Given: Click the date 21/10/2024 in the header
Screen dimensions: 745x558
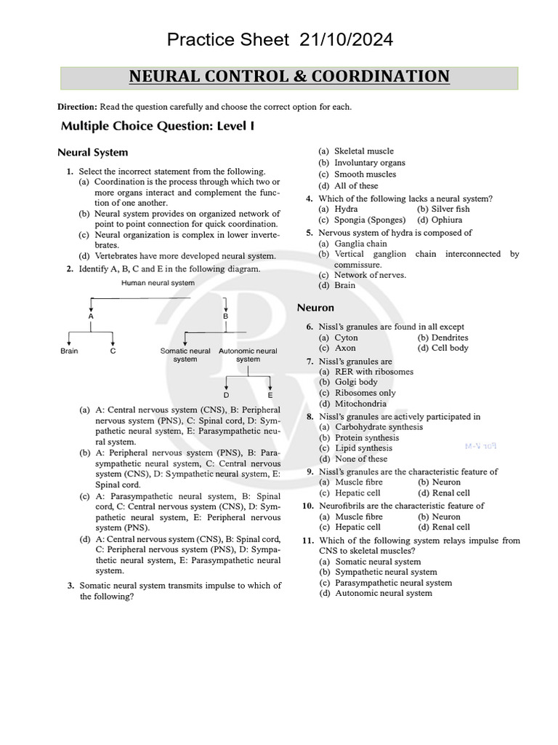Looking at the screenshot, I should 347,40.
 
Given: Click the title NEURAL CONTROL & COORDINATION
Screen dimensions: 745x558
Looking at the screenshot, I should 289,77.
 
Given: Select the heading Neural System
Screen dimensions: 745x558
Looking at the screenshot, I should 92,153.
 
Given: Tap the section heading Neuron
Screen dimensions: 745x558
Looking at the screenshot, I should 315,308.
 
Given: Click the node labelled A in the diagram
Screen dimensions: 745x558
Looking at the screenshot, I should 91,316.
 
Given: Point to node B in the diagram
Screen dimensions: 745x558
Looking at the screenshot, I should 225,316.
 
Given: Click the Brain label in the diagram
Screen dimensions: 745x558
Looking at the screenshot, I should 69,351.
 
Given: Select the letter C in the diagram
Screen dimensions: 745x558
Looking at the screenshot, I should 113,351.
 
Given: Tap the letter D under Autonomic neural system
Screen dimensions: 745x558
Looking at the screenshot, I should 226,395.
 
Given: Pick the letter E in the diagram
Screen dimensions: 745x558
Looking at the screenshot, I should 270,395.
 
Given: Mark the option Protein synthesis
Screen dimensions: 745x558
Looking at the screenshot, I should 366,438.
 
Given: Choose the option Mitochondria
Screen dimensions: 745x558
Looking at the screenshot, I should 360,403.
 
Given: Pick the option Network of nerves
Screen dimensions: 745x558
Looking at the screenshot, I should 370,275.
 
